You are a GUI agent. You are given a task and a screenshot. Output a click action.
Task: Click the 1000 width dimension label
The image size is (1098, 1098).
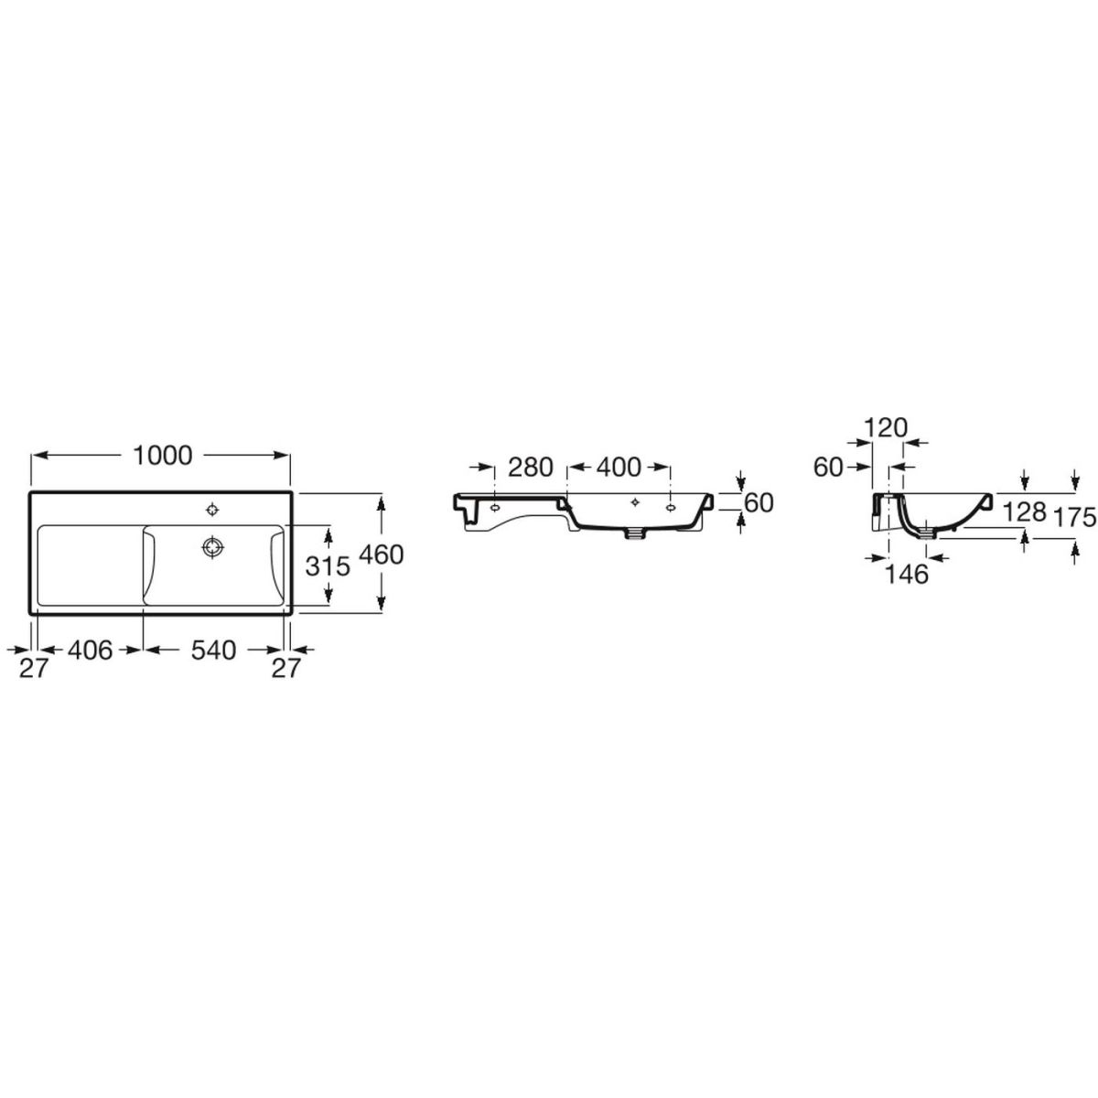(x=162, y=456)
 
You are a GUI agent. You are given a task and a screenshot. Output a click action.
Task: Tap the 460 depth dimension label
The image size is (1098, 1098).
(x=382, y=554)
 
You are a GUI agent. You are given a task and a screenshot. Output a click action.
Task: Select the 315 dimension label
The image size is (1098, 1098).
(x=328, y=565)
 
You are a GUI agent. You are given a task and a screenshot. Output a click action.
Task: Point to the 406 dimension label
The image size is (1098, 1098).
(x=91, y=651)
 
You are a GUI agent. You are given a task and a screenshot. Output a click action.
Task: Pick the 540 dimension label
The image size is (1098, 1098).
(x=213, y=651)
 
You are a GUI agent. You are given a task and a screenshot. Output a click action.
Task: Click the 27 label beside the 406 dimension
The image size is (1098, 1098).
(x=32, y=668)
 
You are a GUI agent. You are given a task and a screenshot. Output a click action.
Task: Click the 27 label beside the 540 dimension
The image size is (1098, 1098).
(x=285, y=668)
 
